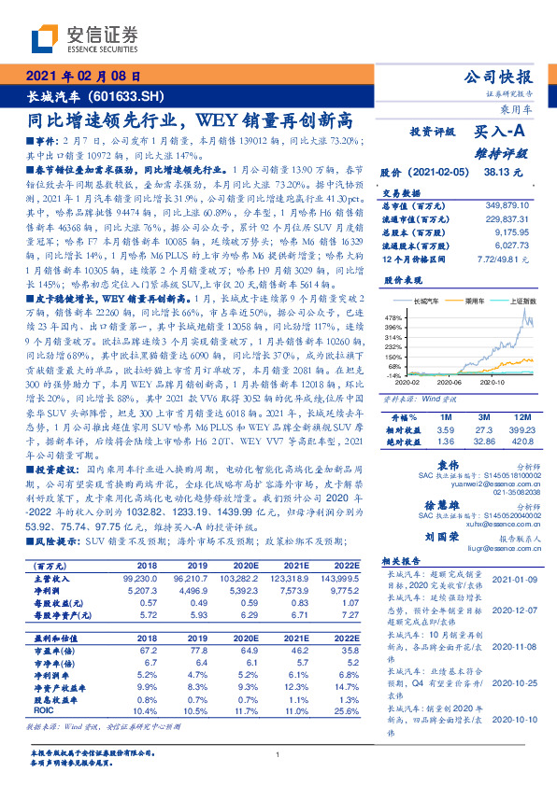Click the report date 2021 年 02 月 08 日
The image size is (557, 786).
tap(84, 77)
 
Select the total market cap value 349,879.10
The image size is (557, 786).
tap(512, 204)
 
